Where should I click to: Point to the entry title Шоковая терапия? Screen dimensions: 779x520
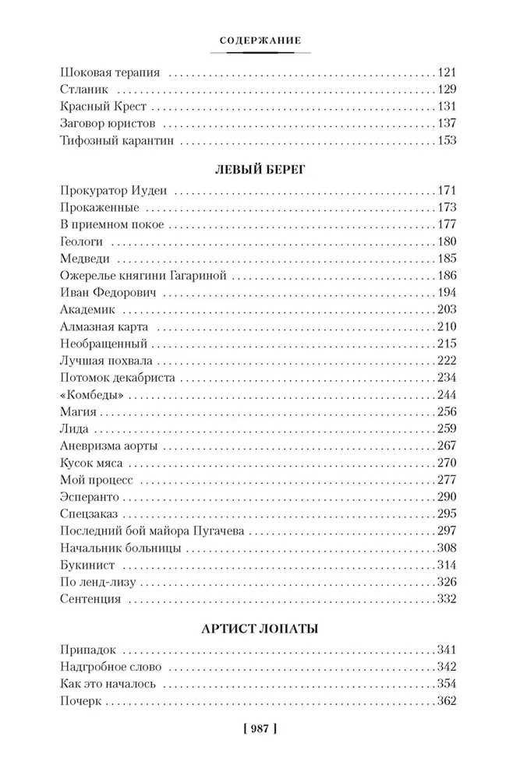(109, 72)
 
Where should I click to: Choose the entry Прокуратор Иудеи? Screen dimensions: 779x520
(115, 191)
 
